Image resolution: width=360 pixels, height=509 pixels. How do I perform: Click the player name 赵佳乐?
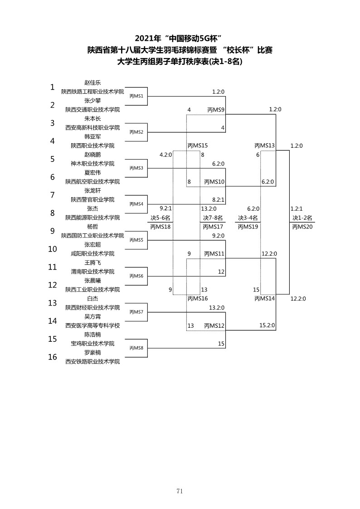pyautogui.click(x=92, y=83)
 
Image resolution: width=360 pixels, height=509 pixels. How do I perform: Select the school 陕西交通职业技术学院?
pyautogui.click(x=92, y=110)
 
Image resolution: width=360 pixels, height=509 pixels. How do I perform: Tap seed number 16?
pyautogui.click(x=53, y=357)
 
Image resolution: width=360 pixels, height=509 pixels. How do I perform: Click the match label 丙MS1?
pyautogui.click(x=136, y=96)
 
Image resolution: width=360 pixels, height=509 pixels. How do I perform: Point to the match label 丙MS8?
pyautogui.click(x=136, y=348)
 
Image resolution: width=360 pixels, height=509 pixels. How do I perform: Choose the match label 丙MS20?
pyautogui.click(x=302, y=227)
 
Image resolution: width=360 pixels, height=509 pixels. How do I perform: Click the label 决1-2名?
pyautogui.click(x=302, y=218)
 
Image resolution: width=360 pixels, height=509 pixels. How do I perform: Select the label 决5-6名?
pyautogui.click(x=161, y=218)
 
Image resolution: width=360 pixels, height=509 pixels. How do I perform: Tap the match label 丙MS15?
pyautogui.click(x=198, y=146)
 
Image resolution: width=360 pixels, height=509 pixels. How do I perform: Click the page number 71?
pyautogui.click(x=180, y=491)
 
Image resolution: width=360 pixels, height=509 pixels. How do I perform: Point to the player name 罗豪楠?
pyautogui.click(x=92, y=353)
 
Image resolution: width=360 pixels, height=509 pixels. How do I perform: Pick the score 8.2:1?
pyautogui.click(x=218, y=200)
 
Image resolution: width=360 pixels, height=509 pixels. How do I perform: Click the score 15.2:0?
pyautogui.click(x=267, y=325)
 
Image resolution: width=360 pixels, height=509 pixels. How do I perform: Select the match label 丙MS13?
pyautogui.click(x=265, y=146)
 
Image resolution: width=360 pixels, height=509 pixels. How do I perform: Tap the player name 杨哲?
pyautogui.click(x=92, y=227)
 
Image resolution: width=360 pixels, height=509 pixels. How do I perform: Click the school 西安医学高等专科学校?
pyautogui.click(x=92, y=325)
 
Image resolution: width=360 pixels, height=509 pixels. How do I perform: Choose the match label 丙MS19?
pyautogui.click(x=248, y=227)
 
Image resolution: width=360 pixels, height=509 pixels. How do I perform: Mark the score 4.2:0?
pyautogui.click(x=165, y=155)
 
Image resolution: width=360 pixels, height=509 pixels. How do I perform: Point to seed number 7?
pyautogui.click(x=53, y=195)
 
